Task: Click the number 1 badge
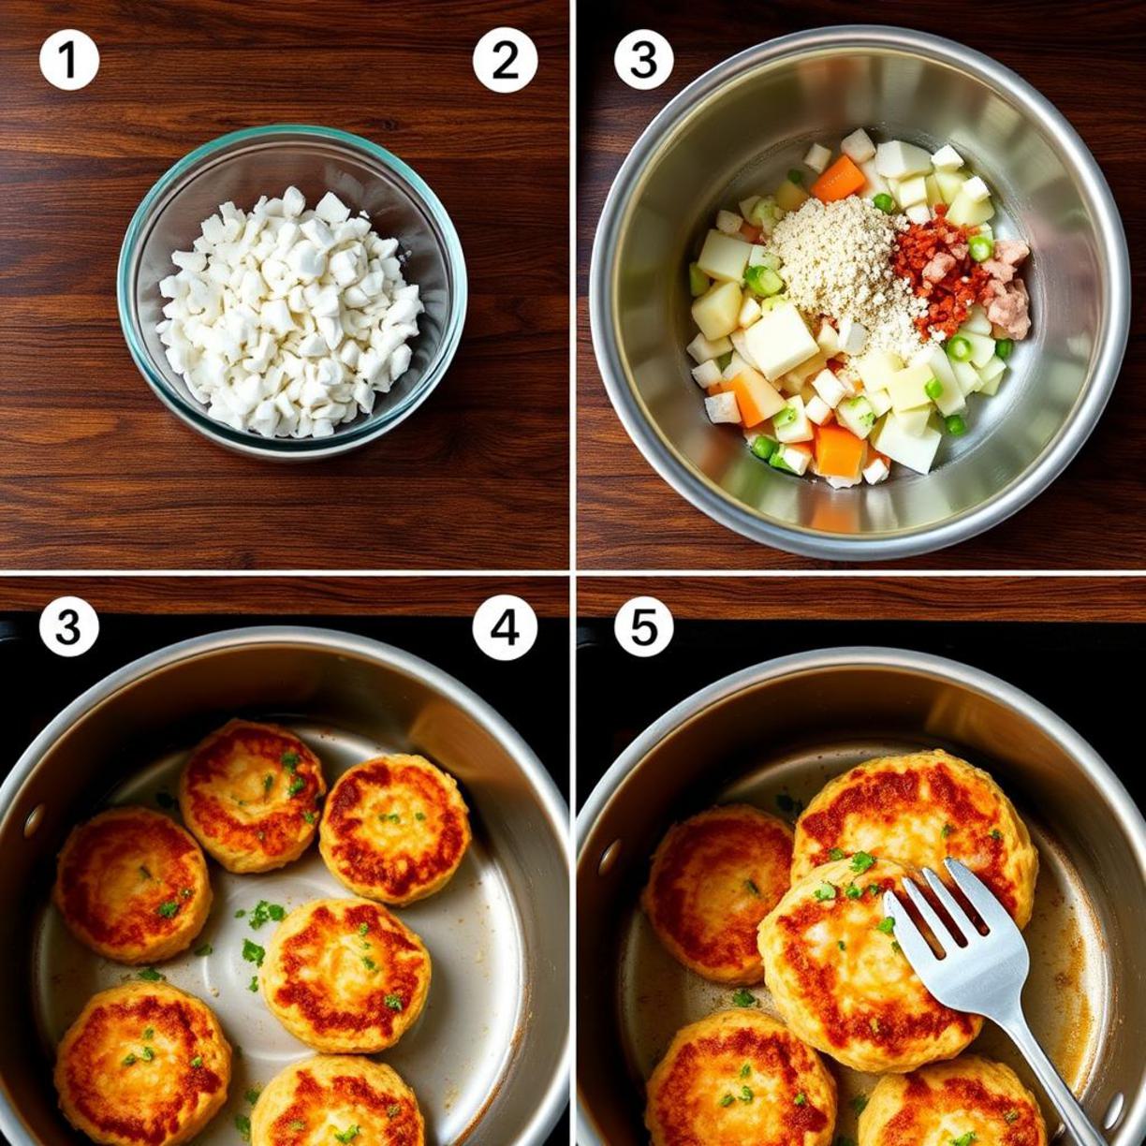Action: (x=69, y=61)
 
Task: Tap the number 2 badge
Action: (x=505, y=61)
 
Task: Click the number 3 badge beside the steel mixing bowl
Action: (x=643, y=61)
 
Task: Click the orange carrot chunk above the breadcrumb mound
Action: (x=839, y=178)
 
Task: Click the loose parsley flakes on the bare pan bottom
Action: (x=260, y=916)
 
